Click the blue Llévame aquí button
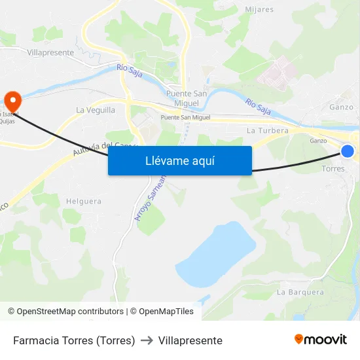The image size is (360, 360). point(179,160)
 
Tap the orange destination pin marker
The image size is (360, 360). point(12,100)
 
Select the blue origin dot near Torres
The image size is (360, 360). point(348,151)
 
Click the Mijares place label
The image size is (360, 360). point(259,9)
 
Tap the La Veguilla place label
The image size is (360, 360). point(96,110)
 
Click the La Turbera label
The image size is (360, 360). point(268,130)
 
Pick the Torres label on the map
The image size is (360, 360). point(333,169)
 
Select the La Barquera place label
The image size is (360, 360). point(300,292)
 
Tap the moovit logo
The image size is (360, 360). point(320,339)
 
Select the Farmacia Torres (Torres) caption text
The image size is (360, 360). point(74,340)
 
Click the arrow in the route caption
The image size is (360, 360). point(147,340)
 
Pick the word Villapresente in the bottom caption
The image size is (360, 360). point(190,340)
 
